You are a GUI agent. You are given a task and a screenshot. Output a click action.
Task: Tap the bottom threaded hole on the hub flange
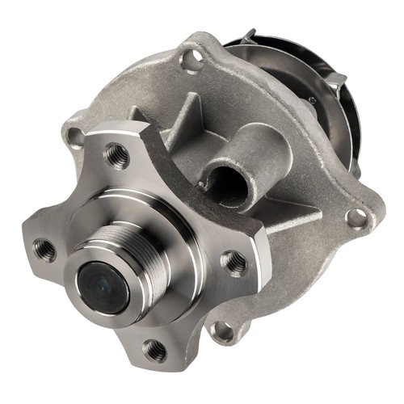pos(154,350)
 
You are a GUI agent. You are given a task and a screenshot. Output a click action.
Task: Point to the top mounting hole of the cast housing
pos(191,58)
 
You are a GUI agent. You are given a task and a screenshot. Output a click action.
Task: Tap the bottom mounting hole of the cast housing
pos(220,330)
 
